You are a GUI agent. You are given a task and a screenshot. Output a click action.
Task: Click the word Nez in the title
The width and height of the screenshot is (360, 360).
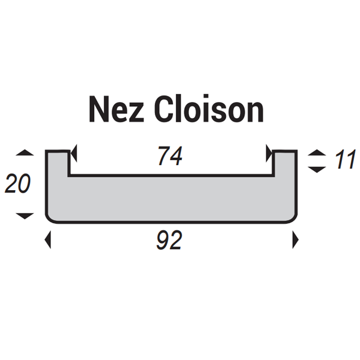[x=116, y=110]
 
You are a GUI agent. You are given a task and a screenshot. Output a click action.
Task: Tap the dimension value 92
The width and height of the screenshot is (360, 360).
[x=170, y=241]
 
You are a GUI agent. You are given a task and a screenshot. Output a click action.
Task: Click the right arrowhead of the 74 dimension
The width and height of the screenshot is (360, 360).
[x=269, y=155]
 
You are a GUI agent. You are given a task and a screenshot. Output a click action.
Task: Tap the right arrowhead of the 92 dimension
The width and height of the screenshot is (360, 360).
[x=295, y=241]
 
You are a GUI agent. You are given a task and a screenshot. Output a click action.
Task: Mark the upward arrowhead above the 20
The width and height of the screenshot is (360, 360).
[x=25, y=154]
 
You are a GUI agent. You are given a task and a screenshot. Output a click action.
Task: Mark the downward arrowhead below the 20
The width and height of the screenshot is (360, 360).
[x=25, y=215]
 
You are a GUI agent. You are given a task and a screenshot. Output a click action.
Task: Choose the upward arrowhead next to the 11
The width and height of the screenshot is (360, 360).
[x=314, y=154]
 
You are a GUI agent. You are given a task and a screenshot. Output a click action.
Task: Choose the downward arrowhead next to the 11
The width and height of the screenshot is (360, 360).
[x=314, y=170]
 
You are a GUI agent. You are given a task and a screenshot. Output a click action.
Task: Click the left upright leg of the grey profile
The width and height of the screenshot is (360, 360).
[x=58, y=165]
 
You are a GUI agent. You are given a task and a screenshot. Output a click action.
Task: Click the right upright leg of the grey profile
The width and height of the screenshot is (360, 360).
[x=286, y=165]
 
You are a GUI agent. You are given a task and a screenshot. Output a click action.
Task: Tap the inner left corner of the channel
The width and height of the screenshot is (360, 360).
[x=68, y=176]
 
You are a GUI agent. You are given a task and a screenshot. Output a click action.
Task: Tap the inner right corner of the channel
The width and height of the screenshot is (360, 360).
[x=275, y=176]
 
